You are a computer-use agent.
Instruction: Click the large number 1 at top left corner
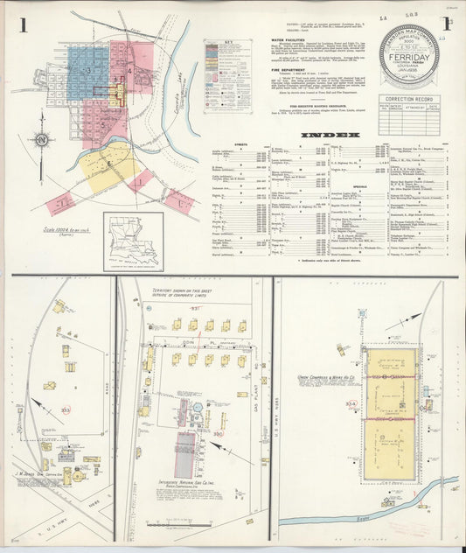tap(23, 24)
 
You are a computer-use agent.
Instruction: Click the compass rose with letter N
tap(40, 139)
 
